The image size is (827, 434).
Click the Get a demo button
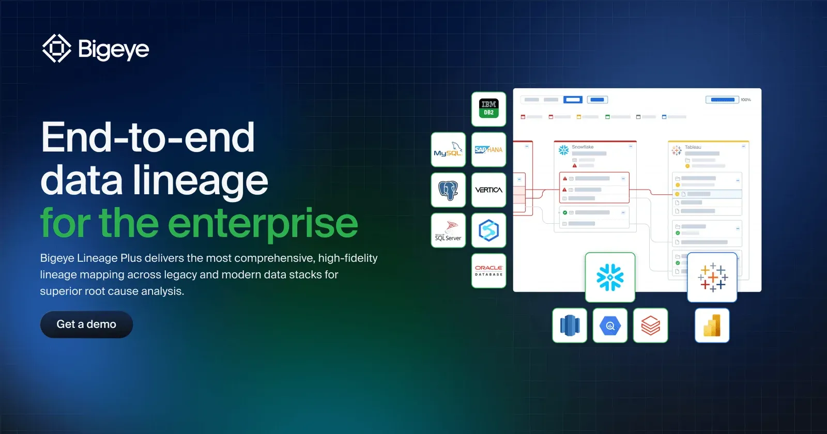(x=86, y=324)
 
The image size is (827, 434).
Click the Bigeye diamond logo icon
(x=56, y=49)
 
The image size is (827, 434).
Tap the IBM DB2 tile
(x=488, y=109)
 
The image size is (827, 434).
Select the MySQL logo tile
(x=448, y=149)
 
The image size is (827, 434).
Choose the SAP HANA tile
(x=488, y=149)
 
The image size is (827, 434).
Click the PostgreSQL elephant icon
(x=448, y=190)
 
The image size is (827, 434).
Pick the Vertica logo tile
(x=488, y=190)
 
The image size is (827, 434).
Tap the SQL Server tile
(x=448, y=230)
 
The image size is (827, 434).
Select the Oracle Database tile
(x=488, y=271)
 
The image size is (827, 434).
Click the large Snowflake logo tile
(x=610, y=277)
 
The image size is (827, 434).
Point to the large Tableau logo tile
(x=712, y=277)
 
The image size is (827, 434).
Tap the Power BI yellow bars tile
(x=712, y=326)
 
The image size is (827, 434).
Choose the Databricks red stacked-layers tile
(x=650, y=326)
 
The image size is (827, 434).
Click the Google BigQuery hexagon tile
(x=610, y=326)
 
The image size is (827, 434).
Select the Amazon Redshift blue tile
(x=570, y=326)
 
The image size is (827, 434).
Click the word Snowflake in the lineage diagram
(x=583, y=147)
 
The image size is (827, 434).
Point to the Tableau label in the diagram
(x=693, y=147)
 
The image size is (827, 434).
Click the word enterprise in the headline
(x=263, y=223)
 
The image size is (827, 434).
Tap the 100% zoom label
(x=746, y=100)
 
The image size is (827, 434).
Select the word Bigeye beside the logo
(x=114, y=49)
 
